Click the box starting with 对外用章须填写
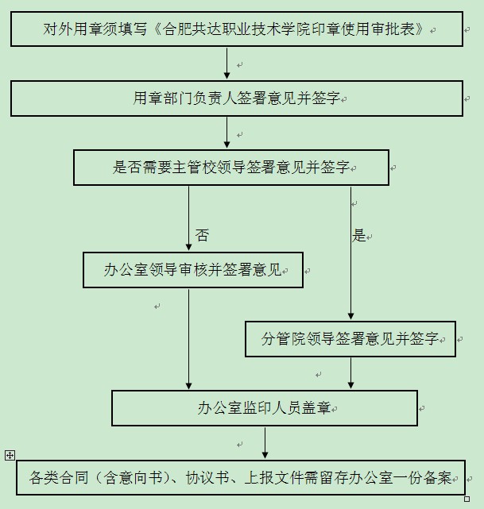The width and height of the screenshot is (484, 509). tap(237, 29)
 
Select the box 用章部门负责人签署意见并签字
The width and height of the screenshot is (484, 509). tap(237, 98)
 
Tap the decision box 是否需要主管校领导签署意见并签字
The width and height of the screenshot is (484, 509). tap(231, 168)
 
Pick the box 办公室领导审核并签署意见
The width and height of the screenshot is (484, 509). tap(193, 270)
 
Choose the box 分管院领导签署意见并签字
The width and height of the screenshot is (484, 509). tap(350, 339)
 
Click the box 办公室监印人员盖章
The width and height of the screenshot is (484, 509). tap(265, 408)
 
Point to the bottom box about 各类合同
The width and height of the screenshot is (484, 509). tap(241, 477)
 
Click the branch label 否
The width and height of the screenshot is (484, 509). tap(202, 235)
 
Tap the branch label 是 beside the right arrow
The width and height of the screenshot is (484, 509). tap(358, 235)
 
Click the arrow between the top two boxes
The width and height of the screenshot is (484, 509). tap(227, 64)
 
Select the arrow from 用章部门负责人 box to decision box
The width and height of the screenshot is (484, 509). tap(227, 133)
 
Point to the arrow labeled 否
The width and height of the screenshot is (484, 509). tap(188, 218)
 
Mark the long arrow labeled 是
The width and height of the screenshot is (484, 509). tap(350, 253)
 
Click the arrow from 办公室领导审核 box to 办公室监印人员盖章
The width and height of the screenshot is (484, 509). tap(188, 339)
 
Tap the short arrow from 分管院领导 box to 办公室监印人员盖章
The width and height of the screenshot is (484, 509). tap(350, 373)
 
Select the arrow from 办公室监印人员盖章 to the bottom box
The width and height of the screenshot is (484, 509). tap(265, 443)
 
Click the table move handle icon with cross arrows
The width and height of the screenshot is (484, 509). tap(10, 456)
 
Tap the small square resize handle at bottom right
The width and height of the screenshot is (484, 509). tap(467, 499)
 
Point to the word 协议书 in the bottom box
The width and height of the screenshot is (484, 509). tap(207, 477)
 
